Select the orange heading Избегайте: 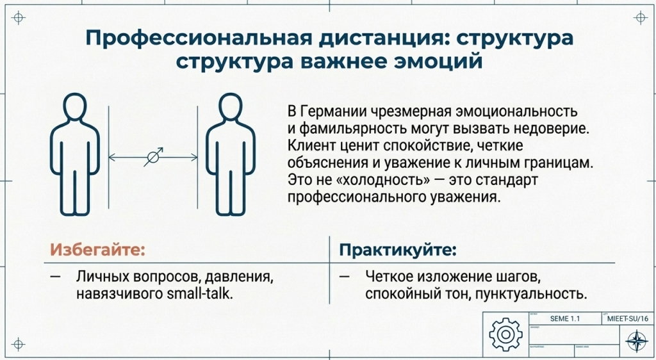(x=94, y=249)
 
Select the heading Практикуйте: (x=398, y=249)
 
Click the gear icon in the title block (x=502, y=334)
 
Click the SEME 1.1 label (x=564, y=318)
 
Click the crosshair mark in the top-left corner (x=19, y=19)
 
